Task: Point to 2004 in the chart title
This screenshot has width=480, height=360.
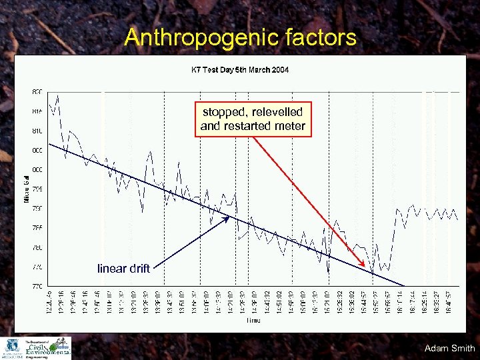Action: pos(280,70)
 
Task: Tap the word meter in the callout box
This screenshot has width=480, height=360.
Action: pos(289,126)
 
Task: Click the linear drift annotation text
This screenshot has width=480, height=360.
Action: pos(123,269)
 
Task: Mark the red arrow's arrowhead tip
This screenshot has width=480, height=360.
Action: pos(372,269)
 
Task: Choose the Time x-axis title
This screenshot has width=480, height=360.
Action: pos(254,321)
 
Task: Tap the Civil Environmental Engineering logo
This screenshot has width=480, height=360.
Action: pos(46,348)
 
